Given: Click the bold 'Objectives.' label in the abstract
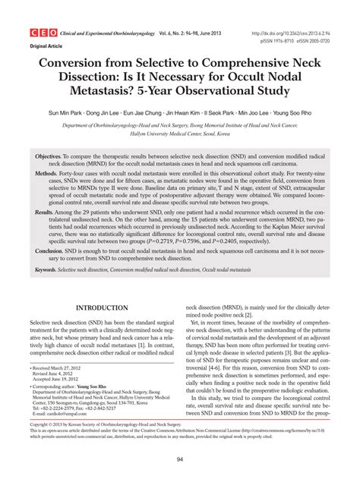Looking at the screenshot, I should coord(53,156).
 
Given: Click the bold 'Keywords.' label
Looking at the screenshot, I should coord(52,269).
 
